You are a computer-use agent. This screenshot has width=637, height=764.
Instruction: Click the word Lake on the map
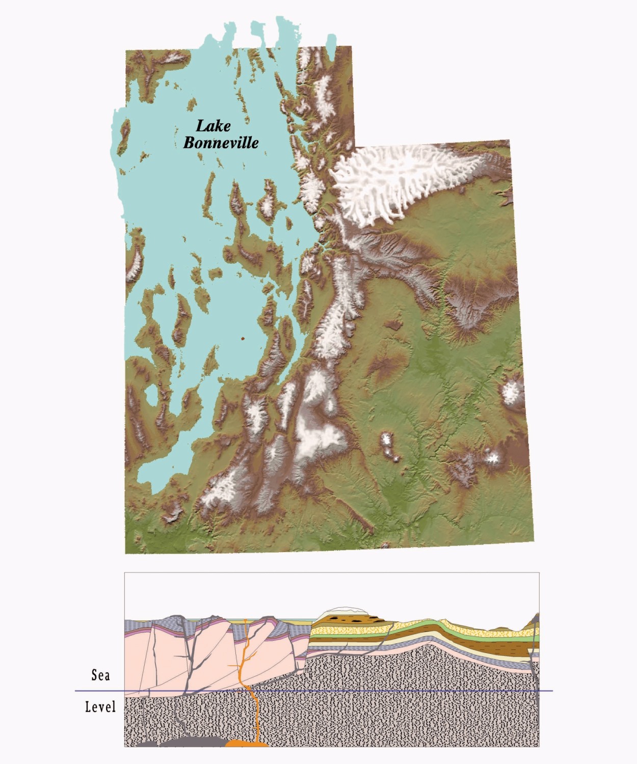[213, 126]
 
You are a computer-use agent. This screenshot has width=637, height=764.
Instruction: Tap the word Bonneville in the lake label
[221, 143]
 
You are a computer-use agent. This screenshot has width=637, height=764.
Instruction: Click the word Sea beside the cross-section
[100, 675]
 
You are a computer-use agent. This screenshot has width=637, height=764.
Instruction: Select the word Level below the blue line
[100, 707]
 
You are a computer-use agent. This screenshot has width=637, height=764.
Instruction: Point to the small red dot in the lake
[243, 338]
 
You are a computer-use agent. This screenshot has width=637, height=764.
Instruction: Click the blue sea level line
[357, 691]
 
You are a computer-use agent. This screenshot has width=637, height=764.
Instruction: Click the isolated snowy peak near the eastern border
[512, 392]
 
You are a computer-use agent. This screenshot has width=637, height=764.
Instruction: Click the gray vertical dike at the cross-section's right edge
[535, 662]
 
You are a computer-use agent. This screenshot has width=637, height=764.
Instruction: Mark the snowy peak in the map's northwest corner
[173, 59]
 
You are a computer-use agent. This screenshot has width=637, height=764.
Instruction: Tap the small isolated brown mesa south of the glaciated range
[393, 324]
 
